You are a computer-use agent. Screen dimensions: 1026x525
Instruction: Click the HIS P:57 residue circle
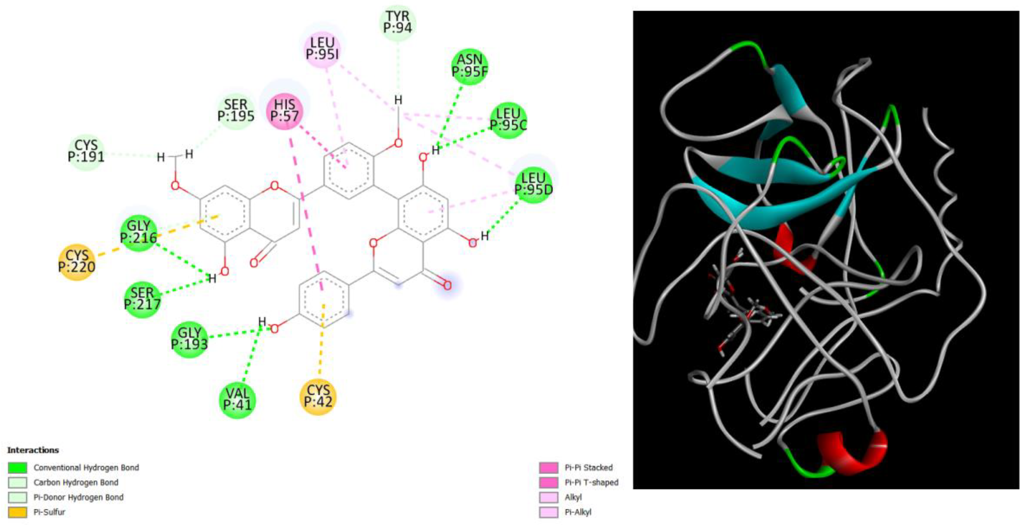pyautogui.click(x=285, y=111)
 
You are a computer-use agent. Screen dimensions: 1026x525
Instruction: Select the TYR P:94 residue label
pyautogui.click(x=398, y=22)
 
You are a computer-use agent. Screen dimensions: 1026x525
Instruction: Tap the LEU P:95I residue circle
pyautogui.click(x=322, y=49)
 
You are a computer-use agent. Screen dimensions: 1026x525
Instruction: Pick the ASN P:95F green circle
pyautogui.click(x=470, y=66)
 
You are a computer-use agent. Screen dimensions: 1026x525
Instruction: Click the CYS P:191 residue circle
pyautogui.click(x=86, y=151)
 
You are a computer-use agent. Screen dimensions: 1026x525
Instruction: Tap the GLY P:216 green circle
pyautogui.click(x=139, y=232)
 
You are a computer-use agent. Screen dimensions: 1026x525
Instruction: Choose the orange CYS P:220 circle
pyautogui.click(x=77, y=262)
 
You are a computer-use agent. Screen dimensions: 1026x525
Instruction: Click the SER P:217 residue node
pyautogui.click(x=142, y=299)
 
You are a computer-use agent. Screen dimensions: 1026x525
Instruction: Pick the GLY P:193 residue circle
pyautogui.click(x=190, y=339)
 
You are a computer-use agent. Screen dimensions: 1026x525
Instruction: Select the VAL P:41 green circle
pyautogui.click(x=238, y=399)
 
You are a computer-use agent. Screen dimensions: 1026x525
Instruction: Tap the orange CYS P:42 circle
pyautogui.click(x=318, y=397)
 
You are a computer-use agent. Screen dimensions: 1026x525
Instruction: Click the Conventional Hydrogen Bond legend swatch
pyautogui.click(x=17, y=467)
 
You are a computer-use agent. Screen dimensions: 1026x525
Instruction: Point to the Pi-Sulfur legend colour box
pyautogui.click(x=17, y=512)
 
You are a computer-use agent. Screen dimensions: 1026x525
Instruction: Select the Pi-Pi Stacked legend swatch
pyautogui.click(x=548, y=467)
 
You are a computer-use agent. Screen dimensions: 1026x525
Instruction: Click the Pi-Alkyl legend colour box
pyautogui.click(x=548, y=512)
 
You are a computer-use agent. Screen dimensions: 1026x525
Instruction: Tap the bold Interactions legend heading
pyautogui.click(x=33, y=450)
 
